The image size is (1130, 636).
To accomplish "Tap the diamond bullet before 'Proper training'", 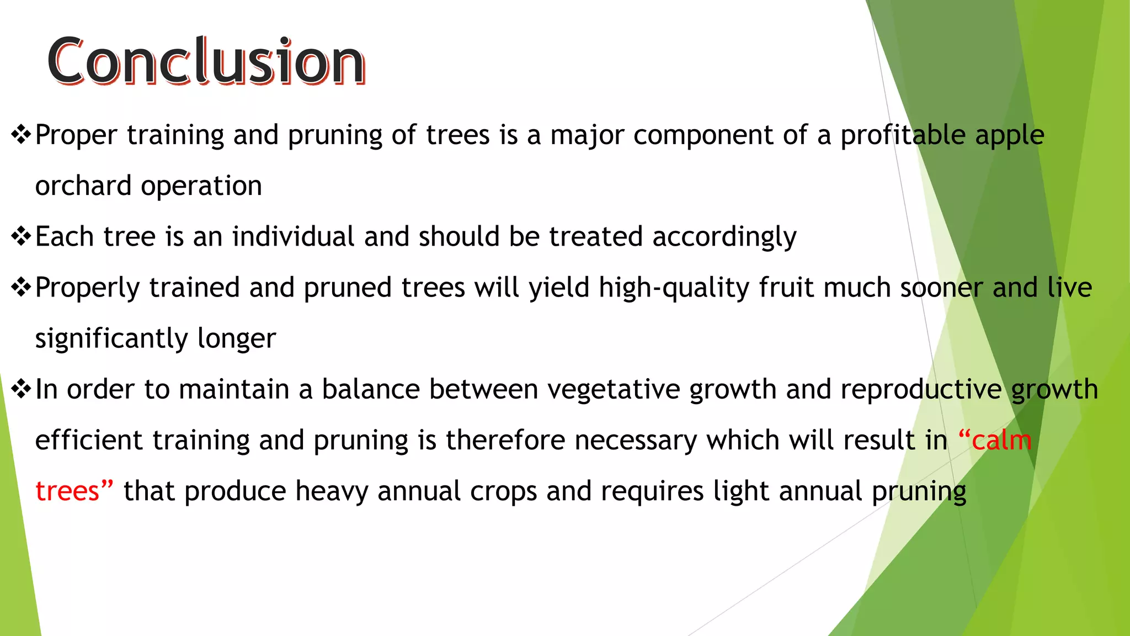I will [21, 135].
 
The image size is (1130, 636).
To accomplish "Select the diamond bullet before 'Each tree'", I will [21, 236].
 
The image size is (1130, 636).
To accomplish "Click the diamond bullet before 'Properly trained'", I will [21, 287].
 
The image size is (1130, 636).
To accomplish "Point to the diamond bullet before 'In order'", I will [21, 389].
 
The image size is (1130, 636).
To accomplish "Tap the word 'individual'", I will [293, 236].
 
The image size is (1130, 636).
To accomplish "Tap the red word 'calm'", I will [1001, 441].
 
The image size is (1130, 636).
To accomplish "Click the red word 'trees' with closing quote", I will [74, 491].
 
